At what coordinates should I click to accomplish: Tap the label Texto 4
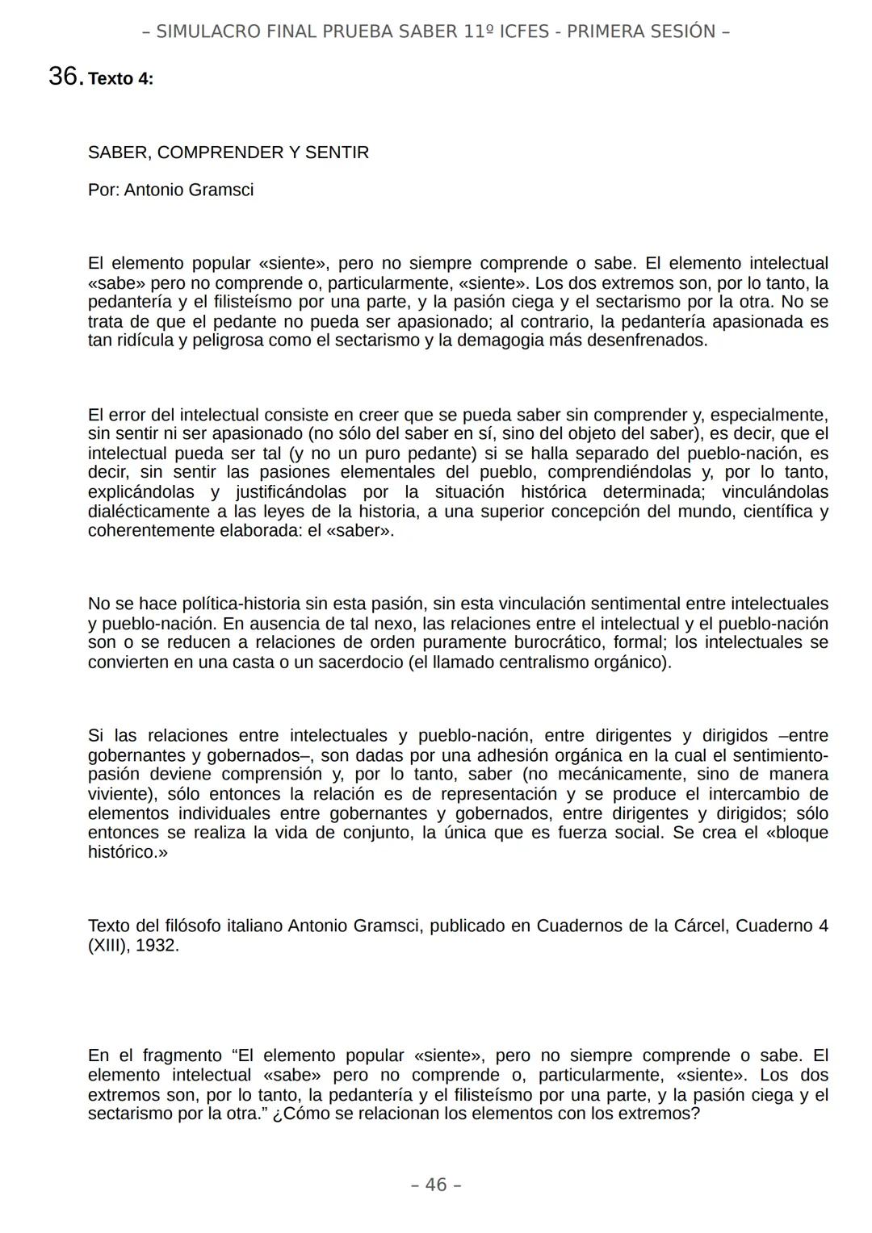pyautogui.click(x=120, y=79)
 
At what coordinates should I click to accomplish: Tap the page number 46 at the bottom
pyautogui.click(x=436, y=1185)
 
